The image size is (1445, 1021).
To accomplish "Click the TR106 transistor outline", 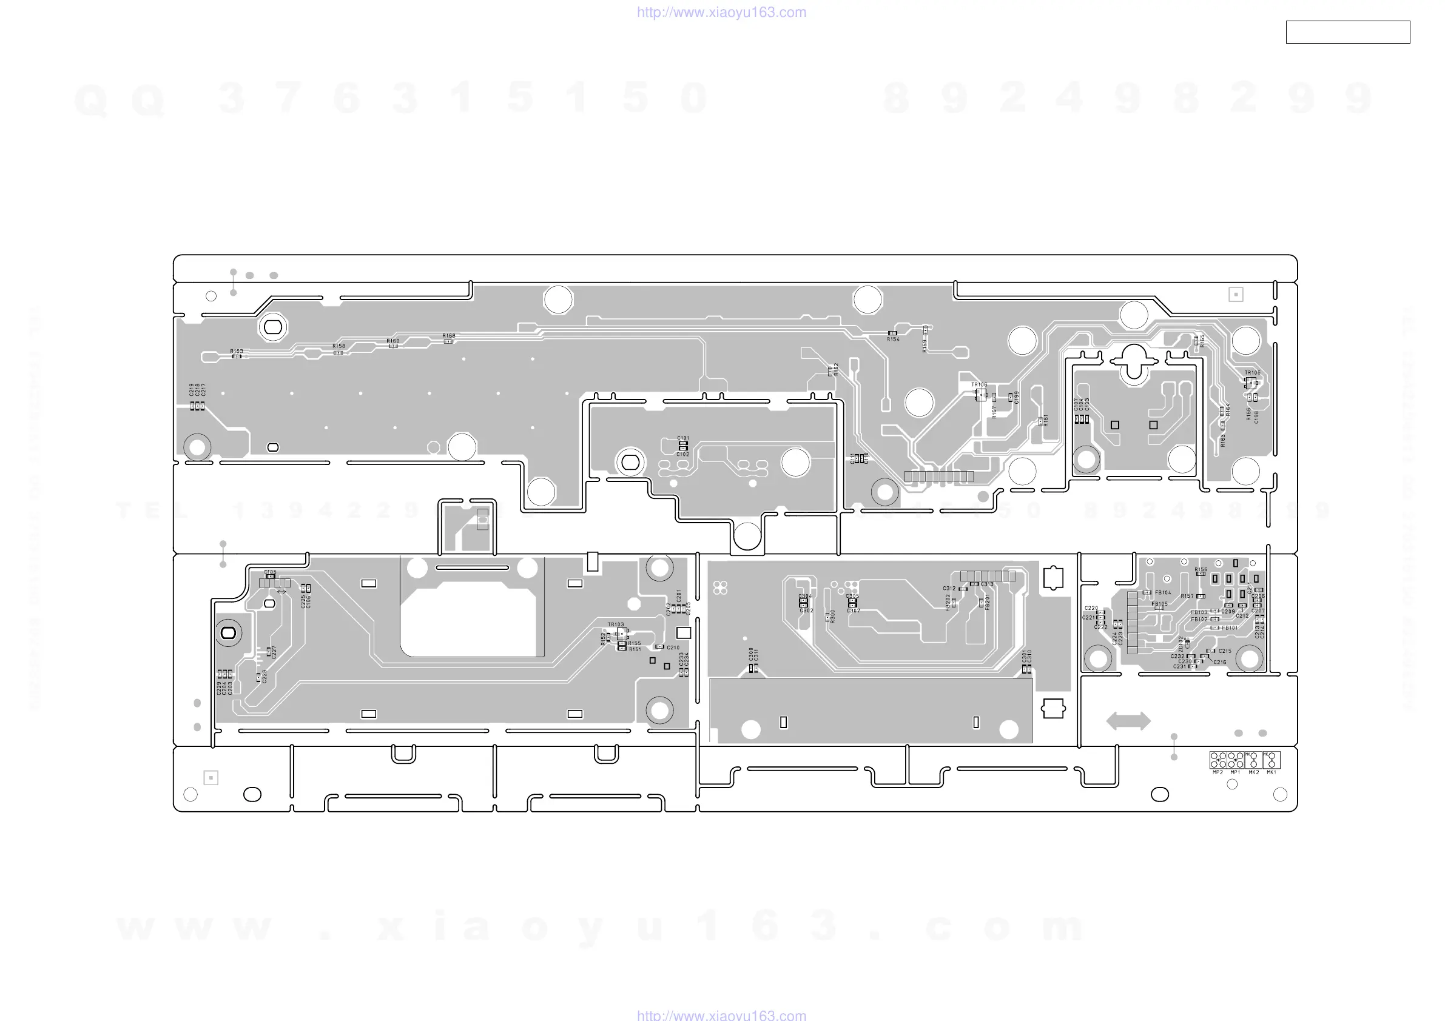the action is tap(980, 395).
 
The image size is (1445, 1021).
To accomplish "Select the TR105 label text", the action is tap(1253, 372).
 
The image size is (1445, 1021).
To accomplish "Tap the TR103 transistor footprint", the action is tap(622, 634).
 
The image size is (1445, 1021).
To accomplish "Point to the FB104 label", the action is tap(1163, 592).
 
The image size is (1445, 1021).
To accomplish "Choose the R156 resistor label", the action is tap(1201, 569).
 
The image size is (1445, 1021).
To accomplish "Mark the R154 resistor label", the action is tap(893, 339).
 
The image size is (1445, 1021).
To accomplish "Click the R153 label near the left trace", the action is tap(237, 351).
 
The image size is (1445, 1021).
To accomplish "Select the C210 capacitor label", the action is tap(673, 648).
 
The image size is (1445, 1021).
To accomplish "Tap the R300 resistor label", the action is tap(833, 616).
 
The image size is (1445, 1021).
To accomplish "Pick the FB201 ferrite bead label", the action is tap(988, 602).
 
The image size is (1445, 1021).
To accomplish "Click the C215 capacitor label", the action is tap(1225, 651).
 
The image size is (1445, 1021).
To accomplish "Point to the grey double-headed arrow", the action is tap(1128, 721).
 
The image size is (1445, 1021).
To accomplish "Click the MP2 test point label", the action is tap(1218, 772).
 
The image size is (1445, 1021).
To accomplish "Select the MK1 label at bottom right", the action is tap(1272, 772).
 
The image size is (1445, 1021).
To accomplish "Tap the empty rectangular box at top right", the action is tap(1347, 32).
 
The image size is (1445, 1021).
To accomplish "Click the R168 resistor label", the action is tap(449, 336).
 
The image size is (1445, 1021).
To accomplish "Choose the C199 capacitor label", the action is tap(1016, 398).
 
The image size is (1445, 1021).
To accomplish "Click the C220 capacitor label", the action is tap(1091, 608).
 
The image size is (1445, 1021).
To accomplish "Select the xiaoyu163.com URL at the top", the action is tap(721, 12).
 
